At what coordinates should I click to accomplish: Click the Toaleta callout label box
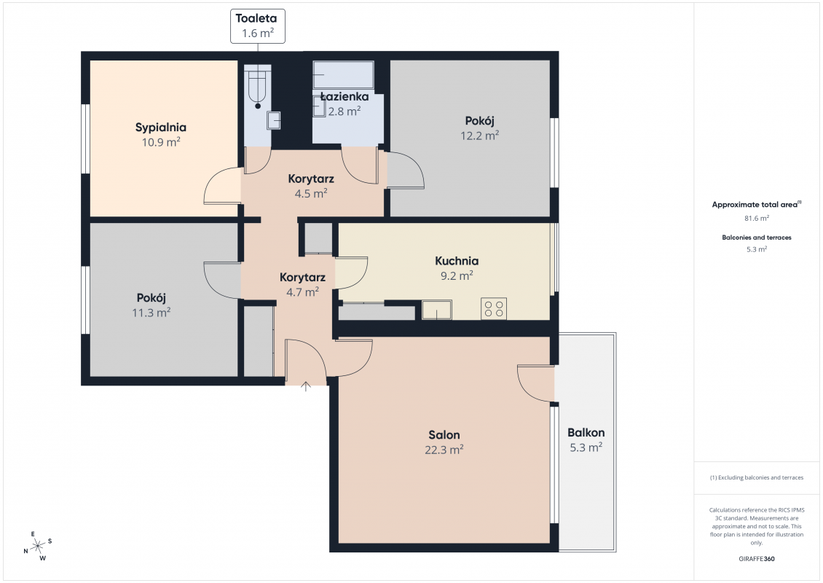(258, 26)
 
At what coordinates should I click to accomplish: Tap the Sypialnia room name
(161, 127)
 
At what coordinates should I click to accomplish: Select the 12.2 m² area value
(480, 136)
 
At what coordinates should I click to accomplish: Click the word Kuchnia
(457, 261)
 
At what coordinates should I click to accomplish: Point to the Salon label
(444, 435)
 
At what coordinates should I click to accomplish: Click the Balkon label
(586, 433)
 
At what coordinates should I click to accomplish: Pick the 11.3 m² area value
(151, 313)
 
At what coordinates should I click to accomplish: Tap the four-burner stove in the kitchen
(494, 308)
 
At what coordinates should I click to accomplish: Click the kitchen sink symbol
(437, 310)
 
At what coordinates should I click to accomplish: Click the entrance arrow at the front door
(305, 386)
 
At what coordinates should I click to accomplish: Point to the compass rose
(38, 547)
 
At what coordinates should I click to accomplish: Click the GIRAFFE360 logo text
(756, 559)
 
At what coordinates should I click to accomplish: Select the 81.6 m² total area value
(756, 218)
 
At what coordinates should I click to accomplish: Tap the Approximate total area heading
(756, 204)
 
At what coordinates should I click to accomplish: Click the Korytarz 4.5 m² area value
(311, 193)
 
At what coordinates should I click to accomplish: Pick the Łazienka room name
(344, 97)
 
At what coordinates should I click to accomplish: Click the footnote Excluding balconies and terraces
(756, 477)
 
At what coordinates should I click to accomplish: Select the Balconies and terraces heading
(756, 238)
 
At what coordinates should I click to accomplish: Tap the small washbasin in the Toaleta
(273, 120)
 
